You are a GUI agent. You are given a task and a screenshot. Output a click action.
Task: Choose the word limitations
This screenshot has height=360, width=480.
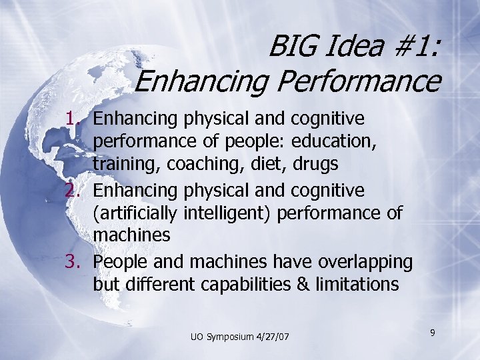coord(356,285)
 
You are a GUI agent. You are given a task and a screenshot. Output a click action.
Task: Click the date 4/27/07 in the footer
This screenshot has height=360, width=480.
coord(275,337)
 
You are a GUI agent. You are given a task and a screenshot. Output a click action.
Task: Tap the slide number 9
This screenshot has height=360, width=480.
coord(433,331)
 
